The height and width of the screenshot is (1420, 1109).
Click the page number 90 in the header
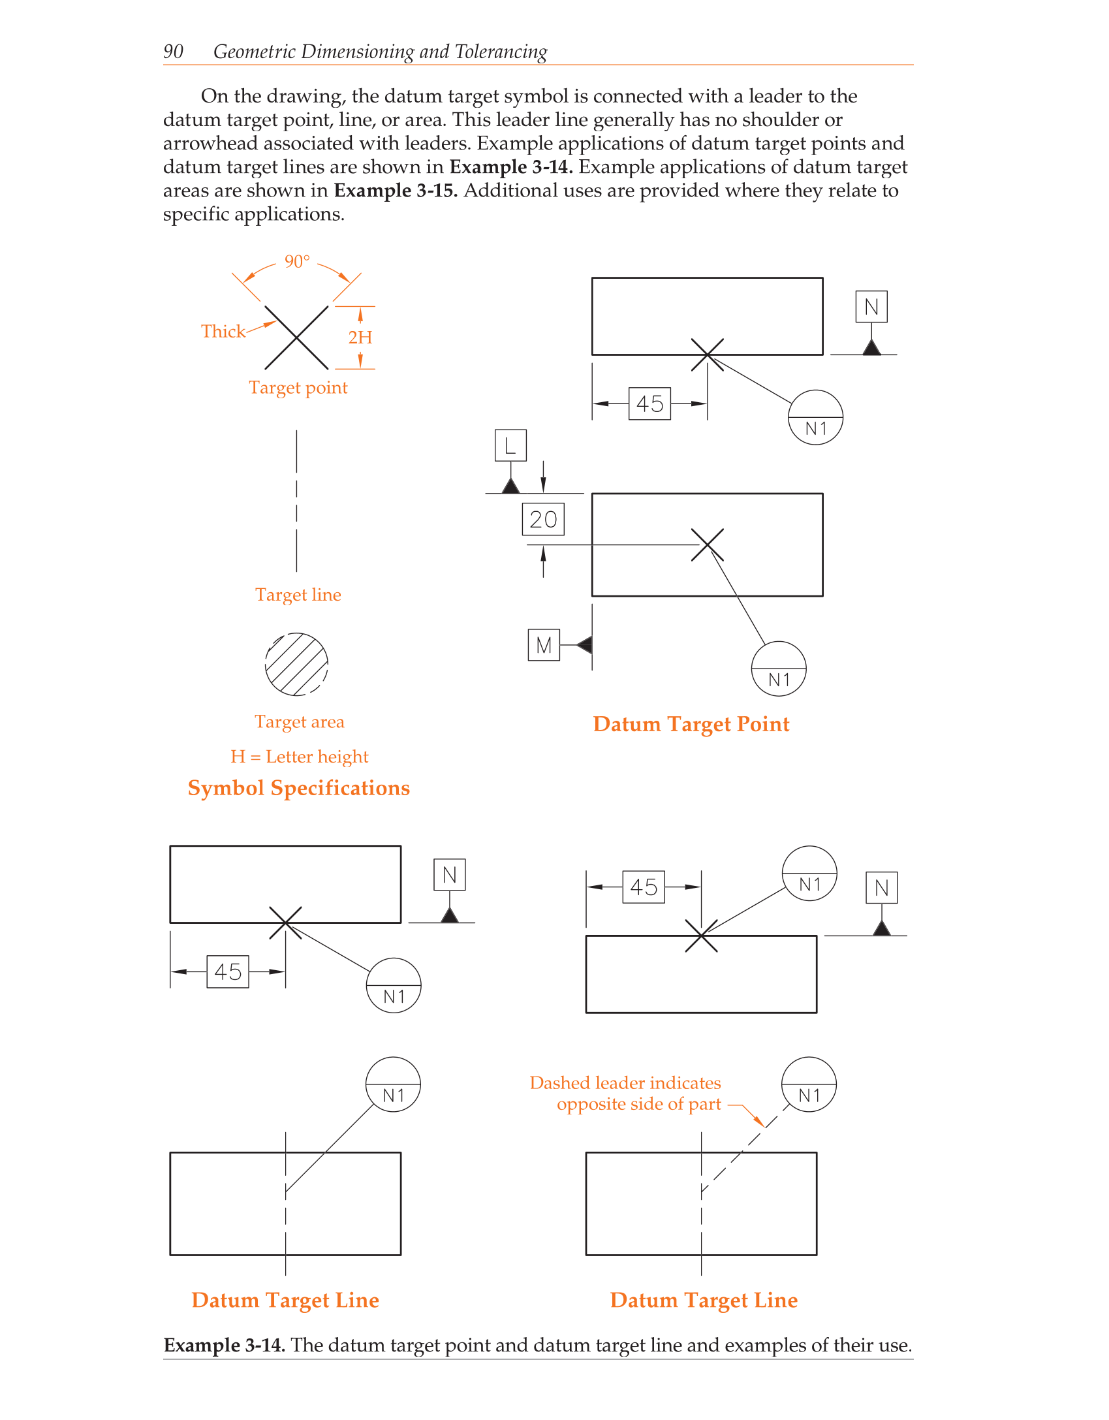point(173,52)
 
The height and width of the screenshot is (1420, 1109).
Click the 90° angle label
point(297,262)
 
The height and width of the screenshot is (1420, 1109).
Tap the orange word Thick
point(223,332)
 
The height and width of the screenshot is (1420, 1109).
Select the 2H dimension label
point(360,338)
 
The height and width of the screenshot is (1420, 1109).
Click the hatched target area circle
point(296,665)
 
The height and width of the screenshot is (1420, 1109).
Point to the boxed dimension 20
point(543,520)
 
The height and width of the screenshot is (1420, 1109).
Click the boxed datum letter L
point(510,446)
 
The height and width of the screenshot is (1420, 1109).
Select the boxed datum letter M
point(544,646)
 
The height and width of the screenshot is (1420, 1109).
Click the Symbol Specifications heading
point(299,788)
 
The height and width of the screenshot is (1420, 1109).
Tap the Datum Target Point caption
point(691,724)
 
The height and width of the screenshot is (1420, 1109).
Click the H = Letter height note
point(300,757)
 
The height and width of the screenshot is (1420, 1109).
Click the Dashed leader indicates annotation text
point(625,1084)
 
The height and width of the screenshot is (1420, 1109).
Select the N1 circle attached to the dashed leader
point(809,1085)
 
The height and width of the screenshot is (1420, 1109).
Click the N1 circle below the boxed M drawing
point(779,669)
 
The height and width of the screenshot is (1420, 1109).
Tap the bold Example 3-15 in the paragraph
point(396,191)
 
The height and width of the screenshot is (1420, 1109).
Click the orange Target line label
point(298,595)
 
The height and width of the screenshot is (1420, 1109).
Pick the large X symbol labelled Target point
point(296,338)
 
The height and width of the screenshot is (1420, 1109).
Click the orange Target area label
point(300,722)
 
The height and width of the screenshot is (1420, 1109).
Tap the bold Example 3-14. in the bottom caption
point(224,1346)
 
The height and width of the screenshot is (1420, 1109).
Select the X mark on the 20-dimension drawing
point(708,545)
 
